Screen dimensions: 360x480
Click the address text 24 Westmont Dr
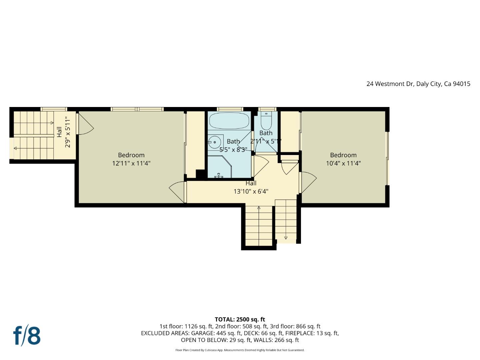pyautogui.click(x=390, y=84)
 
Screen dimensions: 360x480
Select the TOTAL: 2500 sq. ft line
pyautogui.click(x=240, y=319)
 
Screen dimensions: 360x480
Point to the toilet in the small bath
pyautogui.click(x=266, y=122)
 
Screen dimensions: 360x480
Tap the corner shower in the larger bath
pyautogui.click(x=220, y=167)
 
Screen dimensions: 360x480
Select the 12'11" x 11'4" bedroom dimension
pyautogui.click(x=131, y=163)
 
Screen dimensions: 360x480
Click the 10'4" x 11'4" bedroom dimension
pyautogui.click(x=343, y=163)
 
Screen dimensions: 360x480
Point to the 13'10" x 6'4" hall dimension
pyautogui.click(x=251, y=191)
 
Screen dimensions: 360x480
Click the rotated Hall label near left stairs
pyautogui.click(x=59, y=132)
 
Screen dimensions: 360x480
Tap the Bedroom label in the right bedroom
pyautogui.click(x=343, y=155)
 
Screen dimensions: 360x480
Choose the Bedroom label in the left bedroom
pyautogui.click(x=131, y=155)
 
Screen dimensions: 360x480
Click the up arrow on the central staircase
pyautogui.click(x=259, y=208)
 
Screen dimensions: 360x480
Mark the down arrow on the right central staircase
pyautogui.click(x=286, y=237)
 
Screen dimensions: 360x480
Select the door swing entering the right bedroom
pyautogui.click(x=308, y=182)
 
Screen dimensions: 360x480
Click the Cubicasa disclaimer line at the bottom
pyautogui.click(x=240, y=350)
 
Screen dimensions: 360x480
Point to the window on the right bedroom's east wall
pyautogui.click(x=387, y=158)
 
